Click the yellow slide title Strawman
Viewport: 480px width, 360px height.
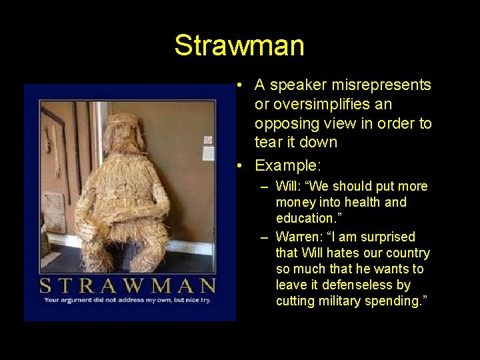pyautogui.click(x=239, y=45)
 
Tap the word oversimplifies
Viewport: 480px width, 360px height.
pyautogui.click(x=317, y=105)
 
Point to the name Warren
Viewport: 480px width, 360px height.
pyautogui.click(x=295, y=237)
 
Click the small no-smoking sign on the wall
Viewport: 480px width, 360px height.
pyautogui.click(x=208, y=139)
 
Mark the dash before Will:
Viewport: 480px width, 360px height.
pyautogui.click(x=265, y=186)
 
